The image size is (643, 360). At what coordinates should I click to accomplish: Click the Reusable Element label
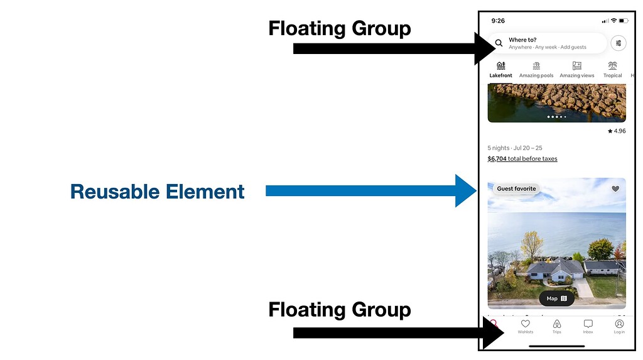tap(157, 192)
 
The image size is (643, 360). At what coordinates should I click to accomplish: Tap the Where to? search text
tap(522, 40)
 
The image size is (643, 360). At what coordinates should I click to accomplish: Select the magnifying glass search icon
tap(499, 43)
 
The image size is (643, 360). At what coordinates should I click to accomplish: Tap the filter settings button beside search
tap(619, 43)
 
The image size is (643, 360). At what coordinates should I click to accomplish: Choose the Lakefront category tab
tap(500, 69)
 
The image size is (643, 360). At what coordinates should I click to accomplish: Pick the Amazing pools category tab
tap(536, 69)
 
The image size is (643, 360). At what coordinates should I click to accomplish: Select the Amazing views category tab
tap(576, 69)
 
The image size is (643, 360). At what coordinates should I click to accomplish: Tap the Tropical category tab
tap(612, 69)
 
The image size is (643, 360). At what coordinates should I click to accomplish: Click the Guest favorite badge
tap(516, 188)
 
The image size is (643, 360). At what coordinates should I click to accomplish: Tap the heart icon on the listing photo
tap(615, 188)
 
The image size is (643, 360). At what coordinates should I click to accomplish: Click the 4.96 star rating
tap(617, 131)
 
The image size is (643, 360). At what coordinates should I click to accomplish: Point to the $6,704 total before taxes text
tap(522, 159)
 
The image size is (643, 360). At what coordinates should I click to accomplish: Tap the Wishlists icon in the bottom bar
tap(526, 326)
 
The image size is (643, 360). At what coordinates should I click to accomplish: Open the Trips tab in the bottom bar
tap(556, 326)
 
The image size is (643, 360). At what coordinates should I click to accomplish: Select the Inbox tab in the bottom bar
tap(588, 326)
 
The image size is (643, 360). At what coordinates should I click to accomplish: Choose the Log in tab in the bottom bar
tap(619, 326)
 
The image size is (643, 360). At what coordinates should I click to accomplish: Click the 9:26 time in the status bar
tap(498, 21)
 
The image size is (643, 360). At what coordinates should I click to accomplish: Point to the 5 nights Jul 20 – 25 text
tap(515, 148)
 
